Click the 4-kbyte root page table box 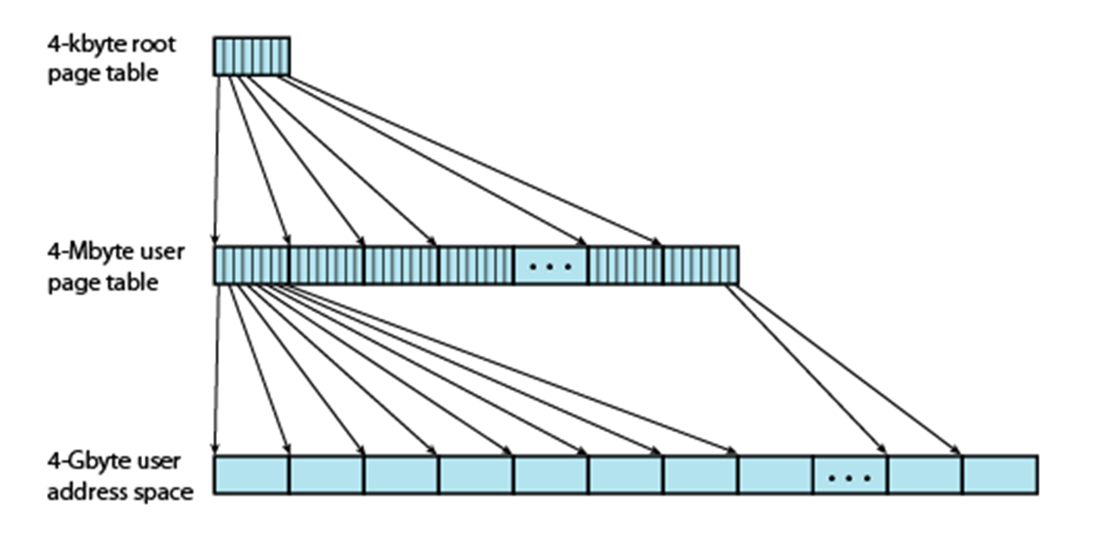[251, 57]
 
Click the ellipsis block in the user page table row [551, 265]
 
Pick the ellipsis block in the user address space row [850, 475]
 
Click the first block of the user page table [251, 265]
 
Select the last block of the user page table [700, 265]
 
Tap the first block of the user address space [251, 475]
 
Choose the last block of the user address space [1000, 475]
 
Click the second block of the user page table [326, 265]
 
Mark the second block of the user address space [326, 475]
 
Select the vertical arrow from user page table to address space [217, 370]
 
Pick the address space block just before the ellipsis [775, 475]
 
